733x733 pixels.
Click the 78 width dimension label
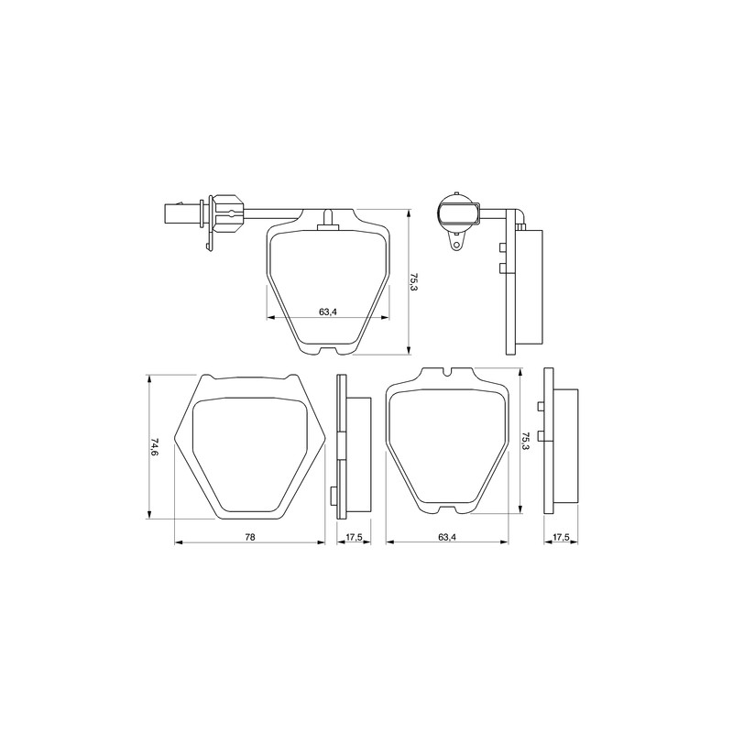(250, 537)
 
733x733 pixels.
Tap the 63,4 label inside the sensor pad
(328, 312)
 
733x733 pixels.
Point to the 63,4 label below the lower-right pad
(447, 537)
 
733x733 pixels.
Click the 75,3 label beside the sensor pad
(413, 282)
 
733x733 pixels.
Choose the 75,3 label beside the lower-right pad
(525, 441)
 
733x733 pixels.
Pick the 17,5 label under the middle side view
(354, 537)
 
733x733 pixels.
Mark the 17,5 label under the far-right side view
(561, 537)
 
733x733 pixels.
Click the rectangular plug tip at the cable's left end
(173, 214)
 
